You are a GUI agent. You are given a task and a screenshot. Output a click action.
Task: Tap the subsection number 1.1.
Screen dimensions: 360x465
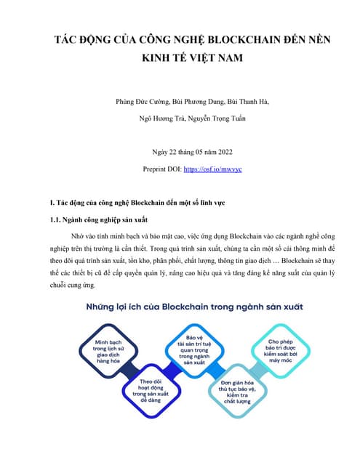click(x=52, y=218)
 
